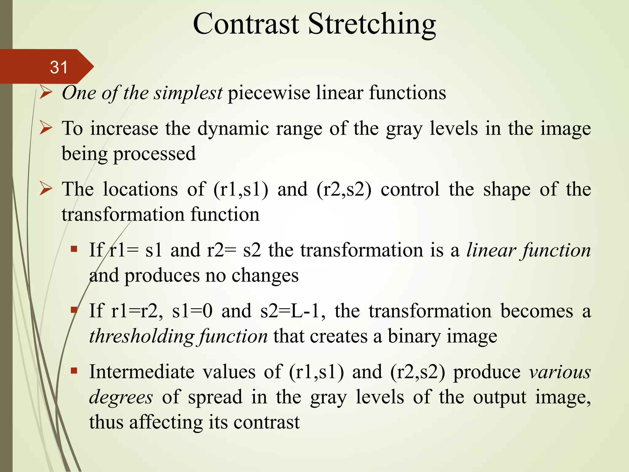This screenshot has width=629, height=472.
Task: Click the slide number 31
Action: [59, 67]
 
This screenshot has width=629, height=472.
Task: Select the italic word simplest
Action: [188, 92]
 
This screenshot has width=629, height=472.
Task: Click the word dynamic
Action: [233, 128]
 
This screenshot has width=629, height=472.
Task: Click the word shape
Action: [507, 190]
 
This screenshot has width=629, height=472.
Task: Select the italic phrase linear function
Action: [528, 250]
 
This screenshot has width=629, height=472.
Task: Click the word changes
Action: [265, 275]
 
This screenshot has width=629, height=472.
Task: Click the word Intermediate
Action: [142, 372]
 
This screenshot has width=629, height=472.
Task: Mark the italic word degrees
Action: [121, 397]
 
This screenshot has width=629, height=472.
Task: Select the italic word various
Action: [560, 372]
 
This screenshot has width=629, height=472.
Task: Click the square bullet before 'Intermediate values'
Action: [74, 371]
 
